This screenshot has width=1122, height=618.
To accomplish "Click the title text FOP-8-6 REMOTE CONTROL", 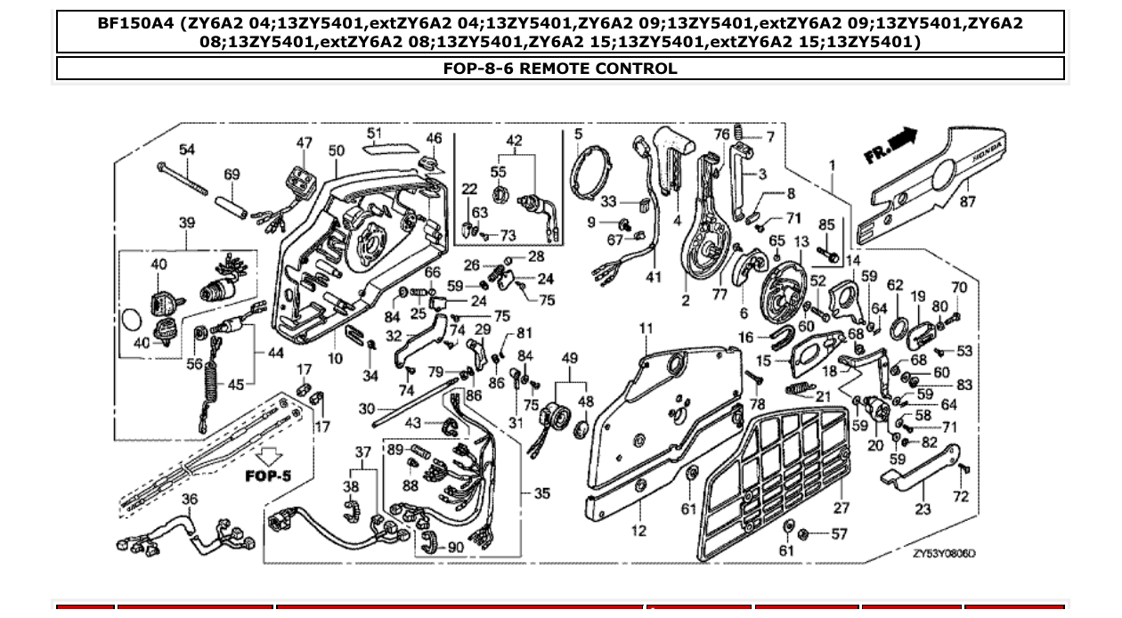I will (559, 69).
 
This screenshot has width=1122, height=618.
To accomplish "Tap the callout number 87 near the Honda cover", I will (967, 202).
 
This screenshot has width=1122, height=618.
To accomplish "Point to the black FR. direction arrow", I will (890, 146).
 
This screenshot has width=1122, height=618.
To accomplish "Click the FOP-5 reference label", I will (268, 476).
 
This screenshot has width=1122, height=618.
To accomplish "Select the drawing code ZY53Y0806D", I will (943, 553).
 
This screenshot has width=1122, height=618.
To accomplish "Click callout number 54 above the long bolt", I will (186, 150).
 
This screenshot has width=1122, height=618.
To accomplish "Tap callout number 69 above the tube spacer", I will (232, 175).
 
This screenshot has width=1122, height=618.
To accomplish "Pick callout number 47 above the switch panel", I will (305, 142).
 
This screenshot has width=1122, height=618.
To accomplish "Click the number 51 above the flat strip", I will (373, 134).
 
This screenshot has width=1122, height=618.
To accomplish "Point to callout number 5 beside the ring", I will (578, 134).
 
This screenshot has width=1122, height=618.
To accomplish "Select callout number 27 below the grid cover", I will (841, 508).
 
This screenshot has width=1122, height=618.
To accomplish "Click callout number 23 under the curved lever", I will (923, 508).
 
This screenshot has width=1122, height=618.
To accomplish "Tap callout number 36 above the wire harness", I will (189, 500).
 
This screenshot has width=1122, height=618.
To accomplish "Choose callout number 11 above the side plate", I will (646, 329).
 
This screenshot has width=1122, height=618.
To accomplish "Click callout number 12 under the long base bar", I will (638, 532).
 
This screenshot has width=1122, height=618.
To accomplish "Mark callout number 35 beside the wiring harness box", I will (541, 493).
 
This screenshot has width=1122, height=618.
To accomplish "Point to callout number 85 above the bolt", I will (826, 225).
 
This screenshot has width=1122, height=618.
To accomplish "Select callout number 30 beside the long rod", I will (366, 409).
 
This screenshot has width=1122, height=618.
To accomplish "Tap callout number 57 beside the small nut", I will (839, 534).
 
